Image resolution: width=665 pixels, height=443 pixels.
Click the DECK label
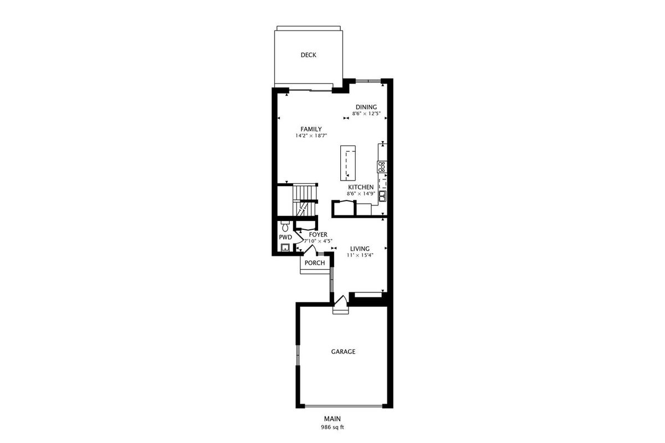[x=308, y=55]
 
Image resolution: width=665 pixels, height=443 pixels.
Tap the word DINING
[x=366, y=107]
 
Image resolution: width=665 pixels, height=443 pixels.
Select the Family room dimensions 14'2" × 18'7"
[x=311, y=136]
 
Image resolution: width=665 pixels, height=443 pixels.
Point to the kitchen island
[x=348, y=163]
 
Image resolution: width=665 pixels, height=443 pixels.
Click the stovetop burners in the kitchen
[x=382, y=167]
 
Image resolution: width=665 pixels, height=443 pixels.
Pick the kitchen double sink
[x=382, y=195]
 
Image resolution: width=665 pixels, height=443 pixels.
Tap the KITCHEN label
[x=361, y=187]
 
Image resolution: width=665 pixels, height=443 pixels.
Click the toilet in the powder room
[x=285, y=226]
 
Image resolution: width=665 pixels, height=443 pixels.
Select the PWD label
[x=285, y=238]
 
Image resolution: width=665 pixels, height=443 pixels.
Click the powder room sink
[x=285, y=248]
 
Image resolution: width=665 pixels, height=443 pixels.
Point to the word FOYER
[x=318, y=235]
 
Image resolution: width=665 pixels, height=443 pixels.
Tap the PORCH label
[x=315, y=263]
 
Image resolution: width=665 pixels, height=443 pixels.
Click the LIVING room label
[x=360, y=249]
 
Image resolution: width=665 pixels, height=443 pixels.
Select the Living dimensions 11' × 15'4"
[x=360, y=255]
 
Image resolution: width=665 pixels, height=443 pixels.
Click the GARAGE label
[x=343, y=352]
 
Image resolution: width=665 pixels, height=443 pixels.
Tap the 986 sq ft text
[x=332, y=427]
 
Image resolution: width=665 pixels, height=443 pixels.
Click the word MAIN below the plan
[x=332, y=419]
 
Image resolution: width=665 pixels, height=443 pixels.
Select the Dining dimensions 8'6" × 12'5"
[x=366, y=114]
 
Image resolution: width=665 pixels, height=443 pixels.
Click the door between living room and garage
[x=340, y=301]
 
